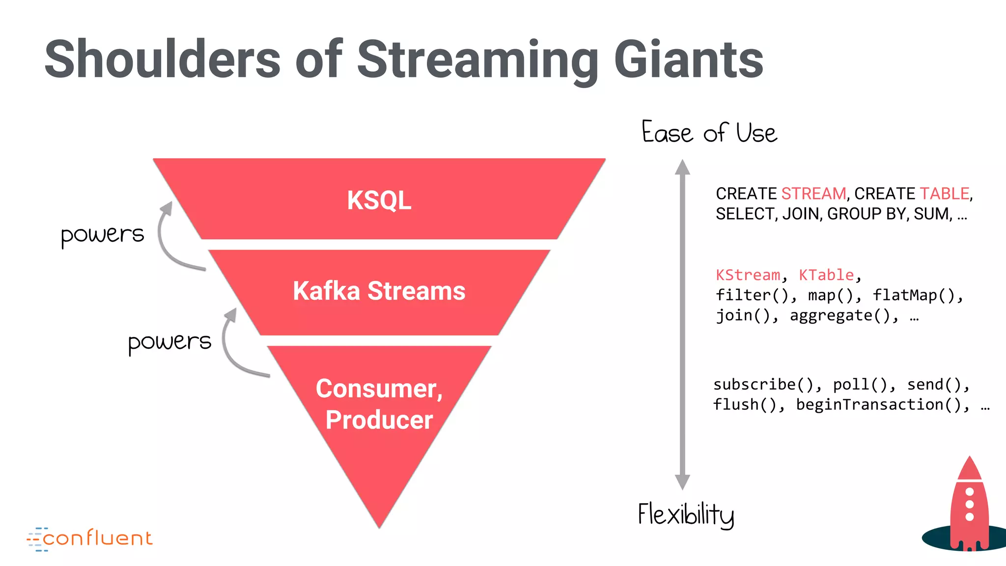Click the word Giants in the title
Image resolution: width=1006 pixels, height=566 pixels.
coord(689,60)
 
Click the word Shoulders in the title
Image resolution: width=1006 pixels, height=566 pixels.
coord(162,60)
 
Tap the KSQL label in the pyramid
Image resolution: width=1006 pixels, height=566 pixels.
coord(379,200)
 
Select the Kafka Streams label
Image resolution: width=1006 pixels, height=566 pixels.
coord(379,291)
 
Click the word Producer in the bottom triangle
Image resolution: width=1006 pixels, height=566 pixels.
coord(379,420)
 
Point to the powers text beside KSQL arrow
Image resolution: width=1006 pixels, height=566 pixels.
coord(102,235)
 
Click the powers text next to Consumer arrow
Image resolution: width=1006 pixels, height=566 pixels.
coord(169,342)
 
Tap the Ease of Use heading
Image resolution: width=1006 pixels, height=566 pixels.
coord(709,133)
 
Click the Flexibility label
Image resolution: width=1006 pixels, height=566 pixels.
coord(686,514)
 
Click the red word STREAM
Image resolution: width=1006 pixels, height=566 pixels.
coord(813,194)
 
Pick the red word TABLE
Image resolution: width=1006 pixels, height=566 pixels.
coord(944,194)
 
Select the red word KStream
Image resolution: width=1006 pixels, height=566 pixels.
coord(748,275)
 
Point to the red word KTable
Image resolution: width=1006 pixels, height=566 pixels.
coord(826,275)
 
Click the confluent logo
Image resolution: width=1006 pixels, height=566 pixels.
coord(90,538)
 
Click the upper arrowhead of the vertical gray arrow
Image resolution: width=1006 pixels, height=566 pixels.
coord(682,168)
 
